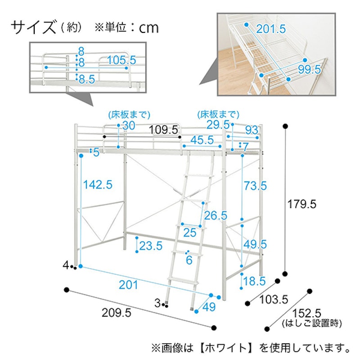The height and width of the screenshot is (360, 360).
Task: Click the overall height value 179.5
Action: (301, 204)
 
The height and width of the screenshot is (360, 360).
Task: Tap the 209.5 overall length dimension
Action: (117, 313)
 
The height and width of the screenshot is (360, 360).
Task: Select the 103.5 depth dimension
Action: (274, 300)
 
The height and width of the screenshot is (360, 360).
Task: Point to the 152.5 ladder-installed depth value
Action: (306, 313)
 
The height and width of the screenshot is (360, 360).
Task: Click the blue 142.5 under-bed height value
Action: (98, 184)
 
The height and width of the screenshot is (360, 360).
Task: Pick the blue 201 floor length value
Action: (128, 285)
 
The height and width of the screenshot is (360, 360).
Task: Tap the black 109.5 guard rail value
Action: (163, 130)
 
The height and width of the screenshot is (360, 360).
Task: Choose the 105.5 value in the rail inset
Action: (121, 60)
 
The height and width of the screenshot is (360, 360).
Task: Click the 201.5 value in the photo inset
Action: (271, 29)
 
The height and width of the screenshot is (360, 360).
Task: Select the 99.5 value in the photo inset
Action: (309, 69)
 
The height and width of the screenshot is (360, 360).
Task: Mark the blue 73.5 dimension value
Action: (255, 186)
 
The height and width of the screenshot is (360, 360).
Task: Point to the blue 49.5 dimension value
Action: (255, 244)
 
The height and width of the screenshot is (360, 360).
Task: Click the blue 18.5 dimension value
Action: (254, 281)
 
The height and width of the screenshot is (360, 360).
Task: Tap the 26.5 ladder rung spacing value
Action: (216, 216)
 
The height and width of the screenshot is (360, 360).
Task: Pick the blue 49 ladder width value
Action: (209, 307)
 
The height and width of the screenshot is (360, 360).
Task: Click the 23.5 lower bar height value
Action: (151, 246)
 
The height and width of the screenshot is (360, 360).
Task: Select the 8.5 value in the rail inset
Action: (87, 80)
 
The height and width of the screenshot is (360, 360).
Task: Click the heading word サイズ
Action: (33, 27)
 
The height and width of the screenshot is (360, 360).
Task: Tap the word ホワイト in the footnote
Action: (226, 348)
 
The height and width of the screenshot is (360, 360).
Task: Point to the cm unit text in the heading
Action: (149, 28)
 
